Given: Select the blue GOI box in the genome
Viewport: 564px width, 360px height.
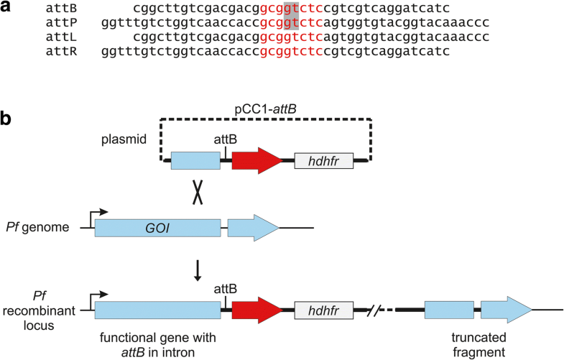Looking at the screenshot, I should point(157,229).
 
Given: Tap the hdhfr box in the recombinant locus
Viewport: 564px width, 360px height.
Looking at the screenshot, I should point(323,310).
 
